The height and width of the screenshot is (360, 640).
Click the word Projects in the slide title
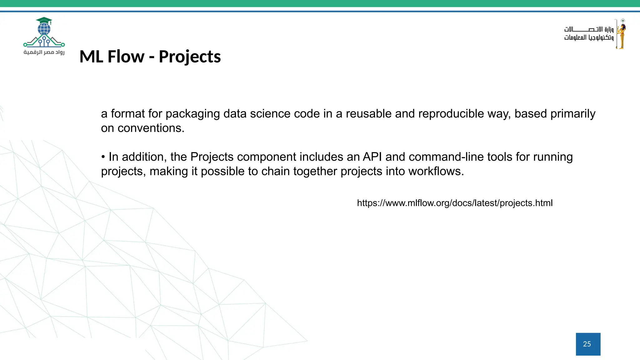(x=190, y=57)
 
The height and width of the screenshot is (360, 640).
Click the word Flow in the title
(x=126, y=57)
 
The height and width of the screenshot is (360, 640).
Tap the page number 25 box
(x=588, y=344)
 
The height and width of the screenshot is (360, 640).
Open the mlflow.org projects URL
(x=455, y=203)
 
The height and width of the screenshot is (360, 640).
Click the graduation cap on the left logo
(x=44, y=21)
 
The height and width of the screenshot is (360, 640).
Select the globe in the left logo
(x=44, y=29)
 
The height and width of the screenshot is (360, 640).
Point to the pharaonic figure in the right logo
(x=621, y=34)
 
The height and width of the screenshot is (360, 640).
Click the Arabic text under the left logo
(x=44, y=52)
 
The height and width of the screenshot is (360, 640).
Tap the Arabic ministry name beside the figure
(x=589, y=33)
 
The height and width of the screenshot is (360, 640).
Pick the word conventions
(x=151, y=128)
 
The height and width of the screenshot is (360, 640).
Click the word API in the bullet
(x=372, y=157)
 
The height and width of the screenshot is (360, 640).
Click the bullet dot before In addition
(x=103, y=157)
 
